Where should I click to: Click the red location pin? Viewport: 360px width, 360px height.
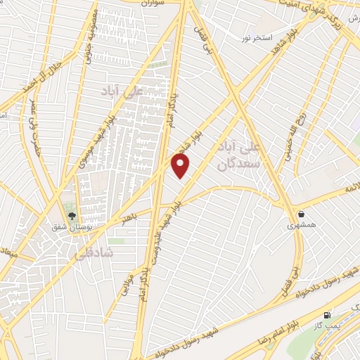[x=181, y=165]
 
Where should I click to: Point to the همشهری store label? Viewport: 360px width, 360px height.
[x=302, y=226]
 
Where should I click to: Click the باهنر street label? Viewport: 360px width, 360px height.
[x=134, y=219]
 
